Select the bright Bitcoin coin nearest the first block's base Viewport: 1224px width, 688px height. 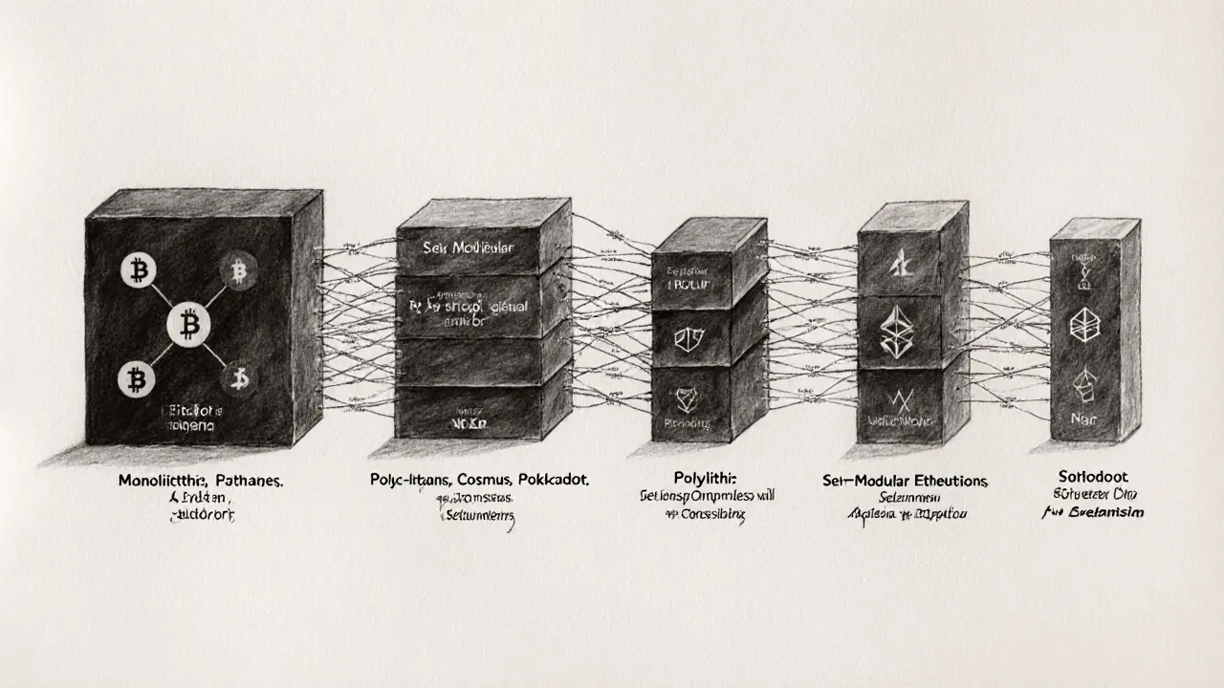tap(134, 380)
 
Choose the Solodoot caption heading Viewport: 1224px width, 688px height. tap(1095, 476)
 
